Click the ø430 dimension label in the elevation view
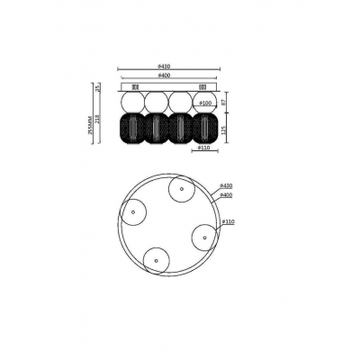click(171, 67)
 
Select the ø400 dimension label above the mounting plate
click(171, 76)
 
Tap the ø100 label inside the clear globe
click(206, 103)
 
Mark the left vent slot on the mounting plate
click(134, 86)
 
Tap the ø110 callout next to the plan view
click(228, 221)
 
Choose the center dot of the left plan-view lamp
click(134, 212)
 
